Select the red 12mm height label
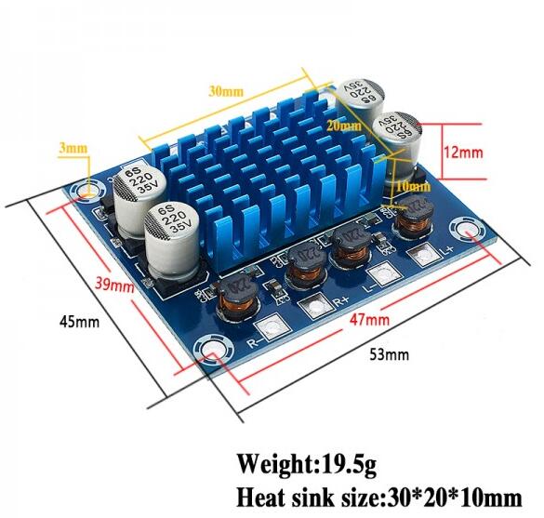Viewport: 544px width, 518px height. click(x=461, y=152)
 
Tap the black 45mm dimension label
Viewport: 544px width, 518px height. click(x=79, y=322)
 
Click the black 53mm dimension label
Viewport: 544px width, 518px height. click(x=389, y=354)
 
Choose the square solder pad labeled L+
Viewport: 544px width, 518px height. click(x=428, y=255)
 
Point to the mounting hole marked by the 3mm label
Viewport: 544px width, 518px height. click(x=88, y=193)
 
